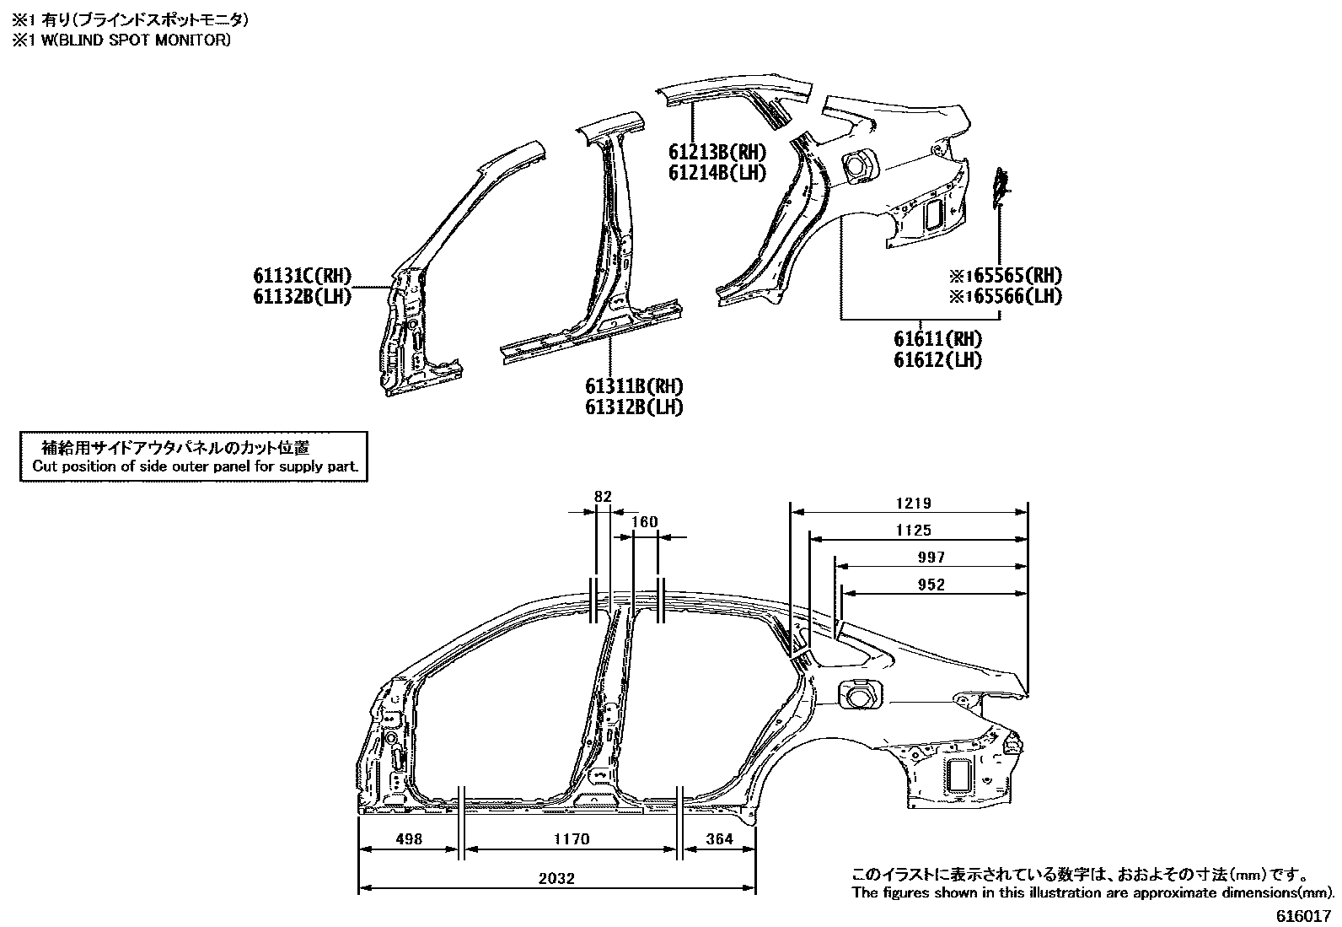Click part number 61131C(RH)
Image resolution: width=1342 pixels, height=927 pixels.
[302, 276]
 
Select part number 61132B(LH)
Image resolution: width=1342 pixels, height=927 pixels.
[302, 296]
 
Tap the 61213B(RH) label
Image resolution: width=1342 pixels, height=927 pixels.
[717, 153]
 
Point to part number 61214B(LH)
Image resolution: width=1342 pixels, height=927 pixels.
[717, 173]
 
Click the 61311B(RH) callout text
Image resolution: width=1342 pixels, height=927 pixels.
[634, 386]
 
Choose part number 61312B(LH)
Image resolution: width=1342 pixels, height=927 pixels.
[634, 407]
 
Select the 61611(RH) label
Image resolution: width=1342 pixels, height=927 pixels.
[938, 339]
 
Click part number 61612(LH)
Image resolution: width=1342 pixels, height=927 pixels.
[938, 359]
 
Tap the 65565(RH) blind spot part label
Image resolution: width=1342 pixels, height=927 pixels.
[1010, 276]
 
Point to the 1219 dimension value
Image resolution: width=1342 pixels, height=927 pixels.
[914, 504]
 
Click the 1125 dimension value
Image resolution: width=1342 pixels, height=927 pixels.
[914, 531]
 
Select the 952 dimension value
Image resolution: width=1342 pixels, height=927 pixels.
[931, 585]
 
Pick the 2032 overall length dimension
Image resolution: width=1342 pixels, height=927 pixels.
[557, 879]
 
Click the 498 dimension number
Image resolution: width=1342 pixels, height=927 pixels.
[408, 839]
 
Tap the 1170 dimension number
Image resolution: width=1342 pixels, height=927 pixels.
[572, 839]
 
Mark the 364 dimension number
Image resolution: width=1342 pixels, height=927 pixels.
[718, 839]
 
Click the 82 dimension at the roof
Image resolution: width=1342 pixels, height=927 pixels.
[602, 497]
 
